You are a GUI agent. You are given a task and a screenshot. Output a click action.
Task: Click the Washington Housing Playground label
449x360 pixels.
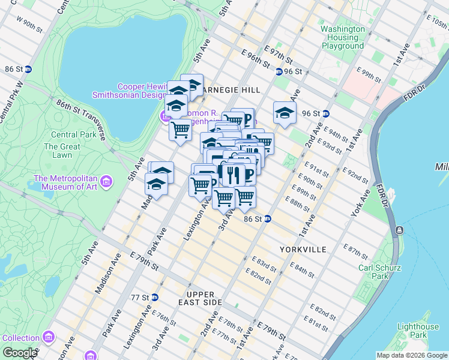[x=342, y=37]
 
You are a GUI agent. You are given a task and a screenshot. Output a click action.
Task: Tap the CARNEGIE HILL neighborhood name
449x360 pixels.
[x=231, y=89]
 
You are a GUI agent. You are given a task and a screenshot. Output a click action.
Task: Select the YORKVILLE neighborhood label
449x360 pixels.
[x=303, y=249]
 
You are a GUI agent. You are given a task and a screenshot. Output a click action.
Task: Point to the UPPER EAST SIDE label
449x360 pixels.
[x=204, y=298]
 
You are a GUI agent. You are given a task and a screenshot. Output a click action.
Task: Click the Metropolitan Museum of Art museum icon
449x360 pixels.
[x=106, y=181]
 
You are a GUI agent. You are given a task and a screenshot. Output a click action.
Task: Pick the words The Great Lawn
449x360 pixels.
[x=62, y=151]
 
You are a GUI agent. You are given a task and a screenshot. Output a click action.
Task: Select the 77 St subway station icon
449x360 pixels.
[x=154, y=297]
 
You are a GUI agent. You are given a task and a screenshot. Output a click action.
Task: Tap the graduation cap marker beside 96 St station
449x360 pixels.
[x=285, y=112]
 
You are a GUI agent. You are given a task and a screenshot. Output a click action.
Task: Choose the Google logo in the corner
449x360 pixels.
[x=20, y=353]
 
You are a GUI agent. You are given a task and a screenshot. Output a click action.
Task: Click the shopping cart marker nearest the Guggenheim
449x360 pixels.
[x=180, y=130]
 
